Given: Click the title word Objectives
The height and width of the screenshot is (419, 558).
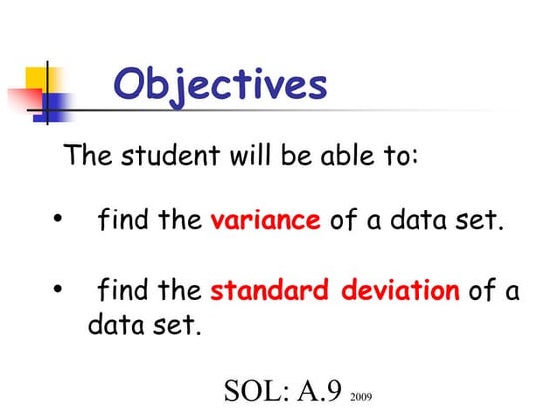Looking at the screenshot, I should click(219, 85).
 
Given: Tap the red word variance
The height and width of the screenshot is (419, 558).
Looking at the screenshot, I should click(265, 220).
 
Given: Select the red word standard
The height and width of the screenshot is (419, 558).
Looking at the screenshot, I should click(270, 291).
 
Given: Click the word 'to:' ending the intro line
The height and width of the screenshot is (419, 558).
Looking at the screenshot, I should click(398, 157).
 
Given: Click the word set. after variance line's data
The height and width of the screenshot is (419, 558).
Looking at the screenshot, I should click(476, 220).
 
